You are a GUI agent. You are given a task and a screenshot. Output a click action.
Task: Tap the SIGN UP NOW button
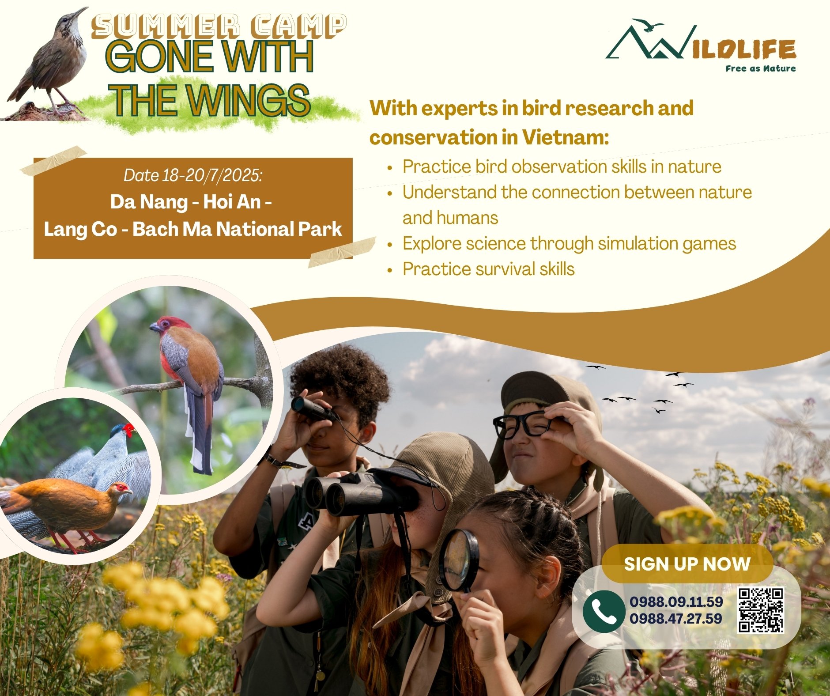click(x=687, y=564)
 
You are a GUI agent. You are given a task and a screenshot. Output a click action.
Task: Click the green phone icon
click(x=604, y=612)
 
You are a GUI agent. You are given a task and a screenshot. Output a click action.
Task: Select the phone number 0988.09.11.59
click(x=676, y=601)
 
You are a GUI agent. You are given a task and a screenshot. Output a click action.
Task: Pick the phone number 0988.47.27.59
click(x=676, y=618)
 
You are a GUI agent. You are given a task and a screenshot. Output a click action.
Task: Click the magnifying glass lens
click(x=459, y=560)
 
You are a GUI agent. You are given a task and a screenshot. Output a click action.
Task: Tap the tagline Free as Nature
click(x=760, y=68)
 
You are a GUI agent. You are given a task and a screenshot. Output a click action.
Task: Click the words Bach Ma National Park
click(x=237, y=229)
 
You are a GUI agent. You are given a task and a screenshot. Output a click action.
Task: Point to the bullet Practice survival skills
click(x=488, y=269)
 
